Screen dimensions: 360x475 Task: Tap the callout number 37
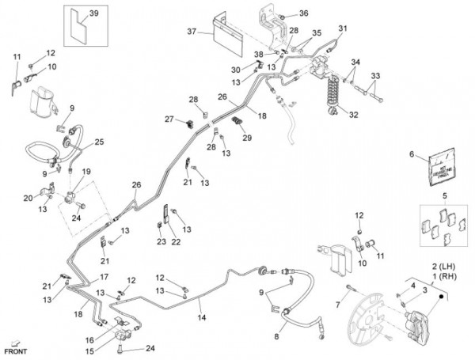pyautogui.click(x=190, y=32)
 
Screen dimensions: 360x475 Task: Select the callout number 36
pyautogui.click(x=304, y=13)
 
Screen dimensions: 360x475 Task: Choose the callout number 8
pyautogui.click(x=277, y=336)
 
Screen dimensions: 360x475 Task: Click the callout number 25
pyautogui.click(x=100, y=142)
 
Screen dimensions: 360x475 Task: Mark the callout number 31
pyautogui.click(x=343, y=29)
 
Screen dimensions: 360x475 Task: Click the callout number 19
pyautogui.click(x=87, y=171)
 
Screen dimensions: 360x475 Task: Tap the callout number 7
pyautogui.click(x=336, y=304)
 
